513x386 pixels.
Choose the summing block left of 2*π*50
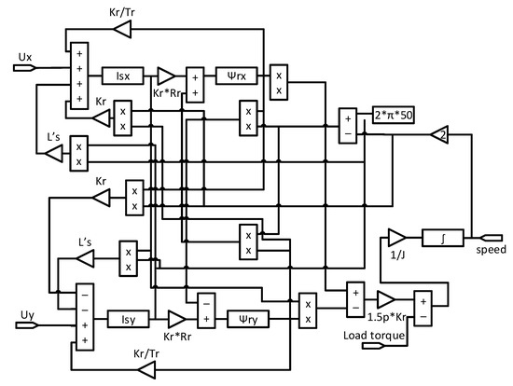click(x=349, y=126)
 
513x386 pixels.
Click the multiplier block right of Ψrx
click(x=278, y=81)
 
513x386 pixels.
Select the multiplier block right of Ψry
click(x=307, y=310)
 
